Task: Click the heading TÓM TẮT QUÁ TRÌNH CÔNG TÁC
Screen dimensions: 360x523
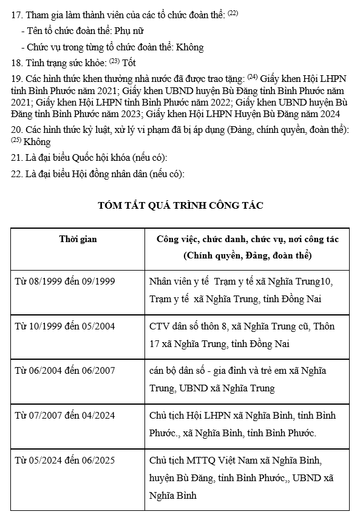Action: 180,205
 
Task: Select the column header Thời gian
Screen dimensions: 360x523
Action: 78,239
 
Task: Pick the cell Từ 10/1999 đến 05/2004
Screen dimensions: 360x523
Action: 64,326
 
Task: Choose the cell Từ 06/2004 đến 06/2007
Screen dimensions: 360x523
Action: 64,371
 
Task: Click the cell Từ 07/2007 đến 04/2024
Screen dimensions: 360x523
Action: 64,416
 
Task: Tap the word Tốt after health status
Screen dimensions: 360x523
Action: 129,62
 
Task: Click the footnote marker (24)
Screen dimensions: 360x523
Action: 253,77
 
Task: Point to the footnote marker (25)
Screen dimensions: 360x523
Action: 16,140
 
